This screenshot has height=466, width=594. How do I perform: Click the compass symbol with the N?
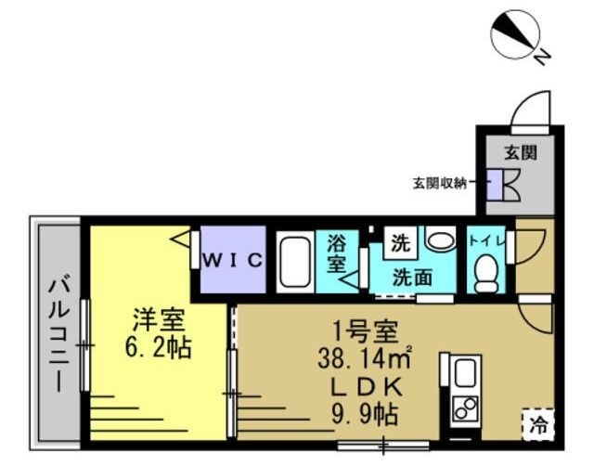pos(516,35)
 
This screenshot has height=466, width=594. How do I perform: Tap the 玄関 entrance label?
pos(520,152)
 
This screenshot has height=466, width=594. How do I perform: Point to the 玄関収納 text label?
pos(440,184)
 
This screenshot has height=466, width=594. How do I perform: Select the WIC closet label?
pos(233,260)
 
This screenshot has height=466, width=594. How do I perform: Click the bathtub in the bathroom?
pos(295,262)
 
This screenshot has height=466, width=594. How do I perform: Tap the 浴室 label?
pos(337,253)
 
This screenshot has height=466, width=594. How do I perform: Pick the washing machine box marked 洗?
pos(400,243)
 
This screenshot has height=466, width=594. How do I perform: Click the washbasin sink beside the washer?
pos(440,239)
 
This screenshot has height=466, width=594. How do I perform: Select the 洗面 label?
pos(412,278)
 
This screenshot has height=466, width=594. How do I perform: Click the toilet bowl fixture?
pos(486,273)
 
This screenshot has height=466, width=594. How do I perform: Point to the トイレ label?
pos(486,240)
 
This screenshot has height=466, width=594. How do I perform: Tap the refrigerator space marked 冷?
pos(538,424)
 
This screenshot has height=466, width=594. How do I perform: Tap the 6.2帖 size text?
pos(158,347)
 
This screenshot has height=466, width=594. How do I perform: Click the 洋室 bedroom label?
pos(159,320)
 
